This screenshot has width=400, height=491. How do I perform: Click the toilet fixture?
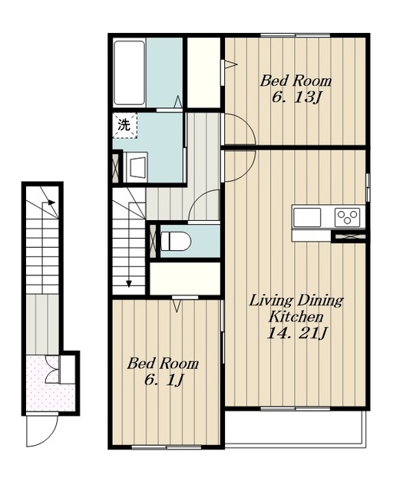176,241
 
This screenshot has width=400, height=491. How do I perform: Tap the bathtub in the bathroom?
129,73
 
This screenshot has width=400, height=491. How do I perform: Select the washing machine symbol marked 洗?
125,125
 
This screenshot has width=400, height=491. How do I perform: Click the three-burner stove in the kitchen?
347,217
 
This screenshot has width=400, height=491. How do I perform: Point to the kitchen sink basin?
307,217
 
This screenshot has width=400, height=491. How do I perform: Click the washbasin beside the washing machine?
135,167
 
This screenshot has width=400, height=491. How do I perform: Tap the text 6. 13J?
296,97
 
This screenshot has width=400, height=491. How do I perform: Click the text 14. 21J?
296,333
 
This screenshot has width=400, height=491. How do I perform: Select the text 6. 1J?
164,381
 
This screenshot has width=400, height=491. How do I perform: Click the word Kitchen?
296,317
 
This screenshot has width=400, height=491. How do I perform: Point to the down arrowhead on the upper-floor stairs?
129,284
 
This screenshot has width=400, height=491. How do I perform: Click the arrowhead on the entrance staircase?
51,202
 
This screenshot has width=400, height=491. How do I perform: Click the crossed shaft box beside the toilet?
153,240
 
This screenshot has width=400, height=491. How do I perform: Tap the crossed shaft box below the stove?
349,236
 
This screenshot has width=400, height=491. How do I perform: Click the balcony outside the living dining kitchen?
296,428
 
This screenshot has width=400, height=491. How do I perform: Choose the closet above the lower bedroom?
185,278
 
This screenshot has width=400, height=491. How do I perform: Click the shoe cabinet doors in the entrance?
52,369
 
